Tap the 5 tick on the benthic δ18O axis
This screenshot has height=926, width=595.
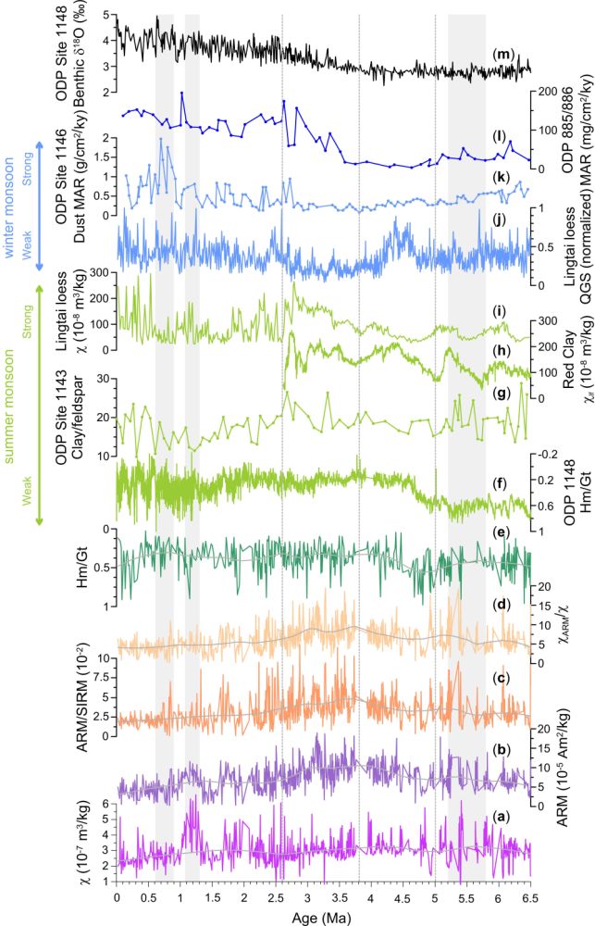click(x=106, y=16)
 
